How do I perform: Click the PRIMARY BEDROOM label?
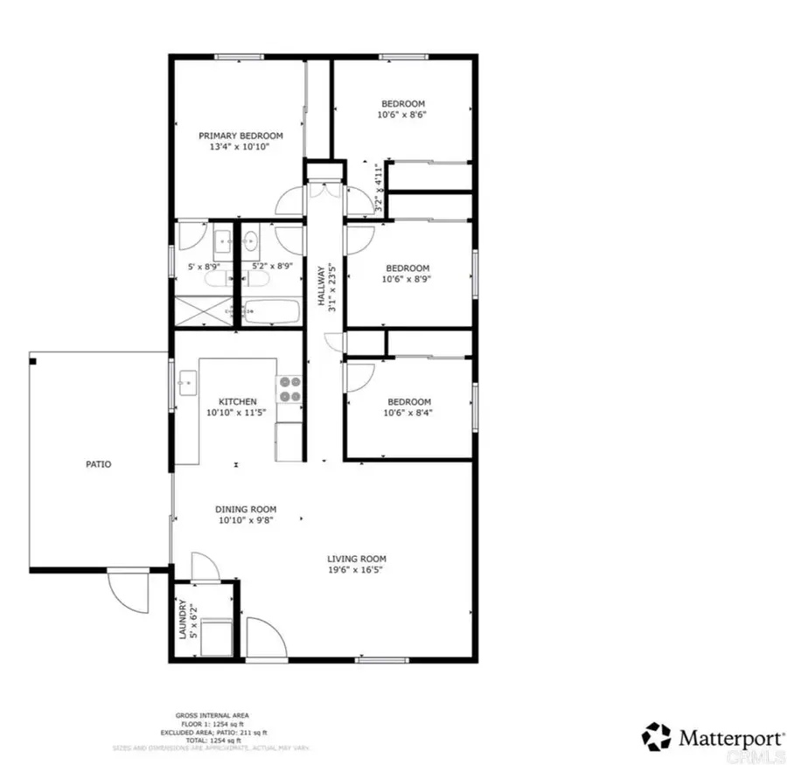(x=240, y=136)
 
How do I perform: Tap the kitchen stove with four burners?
(x=289, y=389)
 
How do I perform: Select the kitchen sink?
(x=187, y=380)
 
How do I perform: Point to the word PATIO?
(x=98, y=465)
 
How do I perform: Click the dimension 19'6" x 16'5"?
(x=356, y=570)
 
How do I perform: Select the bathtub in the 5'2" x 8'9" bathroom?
(x=273, y=309)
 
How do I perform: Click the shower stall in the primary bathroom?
(x=205, y=310)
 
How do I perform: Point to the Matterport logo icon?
(x=658, y=736)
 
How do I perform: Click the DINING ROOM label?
(x=246, y=509)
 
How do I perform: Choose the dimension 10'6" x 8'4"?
(x=409, y=413)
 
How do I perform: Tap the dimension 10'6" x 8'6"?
(x=401, y=115)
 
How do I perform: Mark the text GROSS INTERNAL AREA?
(x=211, y=715)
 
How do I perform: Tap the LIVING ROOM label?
(x=356, y=559)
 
